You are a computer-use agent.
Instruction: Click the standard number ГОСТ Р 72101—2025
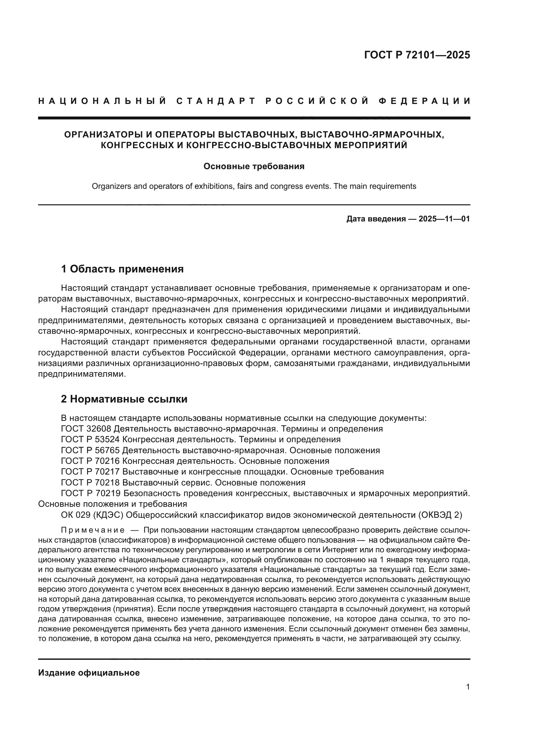click(417, 55)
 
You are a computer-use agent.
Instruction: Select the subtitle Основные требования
click(254, 166)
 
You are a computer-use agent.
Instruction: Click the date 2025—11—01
click(444, 219)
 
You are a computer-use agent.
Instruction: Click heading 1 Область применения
click(122, 269)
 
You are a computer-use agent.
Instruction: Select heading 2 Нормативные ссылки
click(124, 399)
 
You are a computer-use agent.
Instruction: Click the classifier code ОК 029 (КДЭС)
click(92, 515)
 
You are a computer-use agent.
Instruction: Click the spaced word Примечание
click(93, 530)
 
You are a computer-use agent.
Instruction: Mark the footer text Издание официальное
click(89, 673)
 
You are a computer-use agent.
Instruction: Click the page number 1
click(468, 687)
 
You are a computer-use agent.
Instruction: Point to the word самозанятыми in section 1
click(303, 364)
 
